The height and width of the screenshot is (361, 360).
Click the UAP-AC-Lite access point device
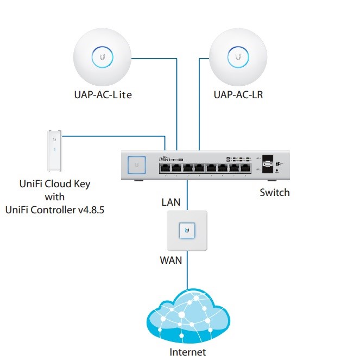point(102,56)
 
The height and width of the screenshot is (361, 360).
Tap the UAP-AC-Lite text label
point(103,95)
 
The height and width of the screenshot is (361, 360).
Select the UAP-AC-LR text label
point(238,95)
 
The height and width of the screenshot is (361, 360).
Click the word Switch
point(275,192)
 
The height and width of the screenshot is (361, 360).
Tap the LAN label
point(171,202)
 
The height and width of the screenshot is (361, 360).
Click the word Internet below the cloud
point(188,352)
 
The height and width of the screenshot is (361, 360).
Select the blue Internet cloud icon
point(187,315)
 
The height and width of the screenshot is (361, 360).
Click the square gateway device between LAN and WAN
point(187,231)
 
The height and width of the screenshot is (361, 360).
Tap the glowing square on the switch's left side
point(136,164)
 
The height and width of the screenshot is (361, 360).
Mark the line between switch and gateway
point(187,195)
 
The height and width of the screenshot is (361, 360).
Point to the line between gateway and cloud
point(187,271)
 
